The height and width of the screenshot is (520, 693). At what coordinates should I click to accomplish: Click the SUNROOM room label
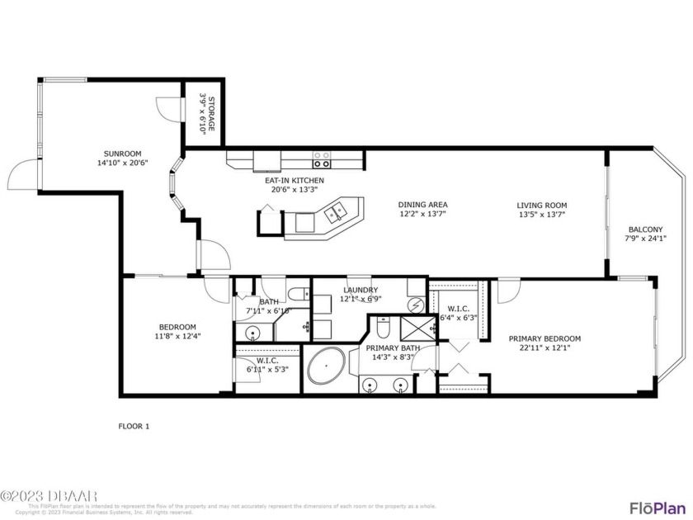pos(123,153)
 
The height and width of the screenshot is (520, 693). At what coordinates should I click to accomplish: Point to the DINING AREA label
pos(422,205)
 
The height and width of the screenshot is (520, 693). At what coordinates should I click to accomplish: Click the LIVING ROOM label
pos(542,205)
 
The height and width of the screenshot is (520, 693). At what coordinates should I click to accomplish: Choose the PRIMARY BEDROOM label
pos(544,338)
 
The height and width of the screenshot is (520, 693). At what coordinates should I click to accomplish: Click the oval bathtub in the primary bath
pos(327,366)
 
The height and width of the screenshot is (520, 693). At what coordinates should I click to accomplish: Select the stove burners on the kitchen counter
pos(321,159)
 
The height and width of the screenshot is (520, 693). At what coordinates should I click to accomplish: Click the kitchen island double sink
pos(337,213)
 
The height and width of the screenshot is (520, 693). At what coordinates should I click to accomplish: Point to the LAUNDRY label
pos(361,290)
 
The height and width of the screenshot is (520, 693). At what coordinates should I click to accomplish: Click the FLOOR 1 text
pos(134,426)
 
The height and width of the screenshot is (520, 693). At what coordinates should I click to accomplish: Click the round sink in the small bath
pos(252,333)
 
